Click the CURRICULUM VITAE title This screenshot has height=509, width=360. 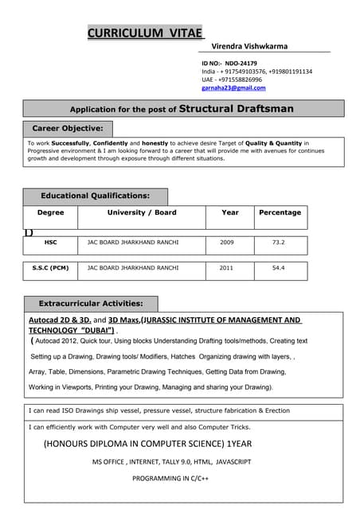point(145,33)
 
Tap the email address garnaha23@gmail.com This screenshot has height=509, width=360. point(233,88)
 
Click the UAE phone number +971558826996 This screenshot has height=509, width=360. point(241,80)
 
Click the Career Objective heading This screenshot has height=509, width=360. point(68,128)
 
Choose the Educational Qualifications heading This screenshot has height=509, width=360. point(95,196)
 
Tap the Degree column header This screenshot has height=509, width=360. point(50,213)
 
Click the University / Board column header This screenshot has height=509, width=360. point(142,213)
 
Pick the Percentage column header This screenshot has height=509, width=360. point(280,213)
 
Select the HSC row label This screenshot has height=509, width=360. point(50,242)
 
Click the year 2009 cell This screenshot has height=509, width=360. point(227,242)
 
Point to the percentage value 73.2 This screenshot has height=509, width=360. point(278,242)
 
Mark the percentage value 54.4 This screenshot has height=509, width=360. point(278,269)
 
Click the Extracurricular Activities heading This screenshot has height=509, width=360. point(91,304)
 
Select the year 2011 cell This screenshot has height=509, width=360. point(227,269)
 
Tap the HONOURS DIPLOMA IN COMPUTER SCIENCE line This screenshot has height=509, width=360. point(147,444)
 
